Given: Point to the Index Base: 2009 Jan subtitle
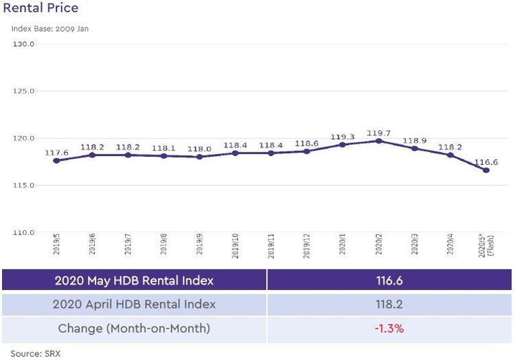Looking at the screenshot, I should point(49,29).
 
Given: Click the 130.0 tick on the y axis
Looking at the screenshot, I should point(23,44).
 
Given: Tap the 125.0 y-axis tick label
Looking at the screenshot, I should point(23,91).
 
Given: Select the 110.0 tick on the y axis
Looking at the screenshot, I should point(23,233).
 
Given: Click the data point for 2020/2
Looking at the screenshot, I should point(378,141).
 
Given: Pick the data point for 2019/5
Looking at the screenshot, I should point(56,161).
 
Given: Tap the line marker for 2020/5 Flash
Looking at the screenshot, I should point(486,170).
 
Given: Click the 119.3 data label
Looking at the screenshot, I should point(342,137).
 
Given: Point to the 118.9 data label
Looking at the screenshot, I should point(414,141).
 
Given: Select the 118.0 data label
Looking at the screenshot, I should point(199,149).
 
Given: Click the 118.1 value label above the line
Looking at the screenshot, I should point(163,148).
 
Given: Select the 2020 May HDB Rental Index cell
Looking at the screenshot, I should point(134,280).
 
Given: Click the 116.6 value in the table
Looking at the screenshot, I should point(389,280).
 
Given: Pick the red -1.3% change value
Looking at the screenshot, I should point(389,328).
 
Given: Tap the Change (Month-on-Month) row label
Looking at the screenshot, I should point(134,328).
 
